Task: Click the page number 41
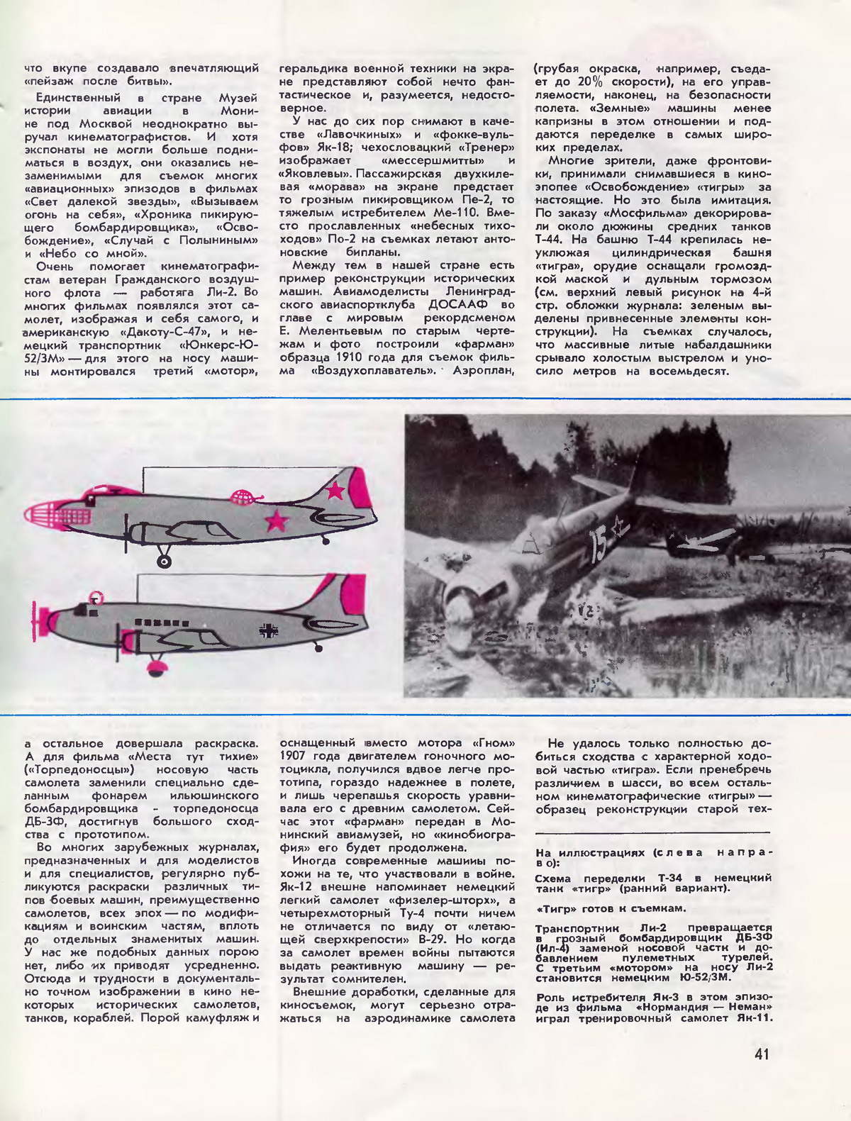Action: click(762, 1054)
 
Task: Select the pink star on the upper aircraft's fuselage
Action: click(277, 522)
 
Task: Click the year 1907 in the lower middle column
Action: click(295, 756)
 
